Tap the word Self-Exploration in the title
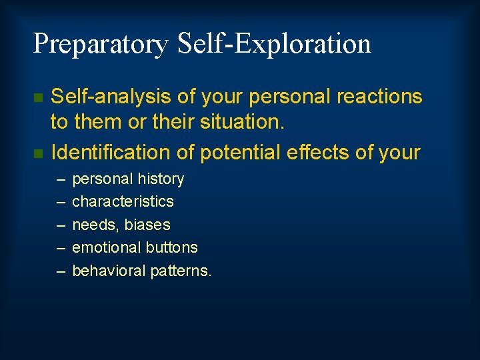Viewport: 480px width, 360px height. [x=274, y=44]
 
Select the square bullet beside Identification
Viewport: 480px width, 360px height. [x=38, y=153]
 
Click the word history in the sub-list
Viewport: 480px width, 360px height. [x=159, y=179]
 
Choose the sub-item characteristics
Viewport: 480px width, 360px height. [x=123, y=201]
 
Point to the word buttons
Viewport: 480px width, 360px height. [x=172, y=247]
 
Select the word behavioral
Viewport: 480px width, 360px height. [x=109, y=271]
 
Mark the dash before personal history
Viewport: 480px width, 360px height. [x=61, y=179]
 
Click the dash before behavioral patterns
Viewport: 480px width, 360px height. [x=61, y=271]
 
